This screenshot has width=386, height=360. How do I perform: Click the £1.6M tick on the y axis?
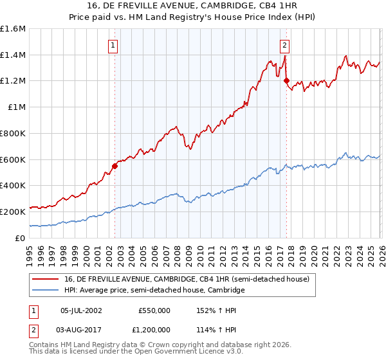(x=13, y=29)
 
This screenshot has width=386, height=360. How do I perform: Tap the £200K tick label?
(x=13, y=212)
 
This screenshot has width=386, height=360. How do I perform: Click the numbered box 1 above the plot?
(x=113, y=45)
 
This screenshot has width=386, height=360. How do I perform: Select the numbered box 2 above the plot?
(x=284, y=45)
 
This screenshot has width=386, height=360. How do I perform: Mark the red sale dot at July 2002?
(x=115, y=166)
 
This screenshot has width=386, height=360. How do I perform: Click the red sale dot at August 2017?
(x=287, y=81)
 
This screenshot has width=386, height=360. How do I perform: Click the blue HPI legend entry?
(x=154, y=291)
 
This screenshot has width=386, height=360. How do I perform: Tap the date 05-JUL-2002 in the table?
(x=81, y=310)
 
